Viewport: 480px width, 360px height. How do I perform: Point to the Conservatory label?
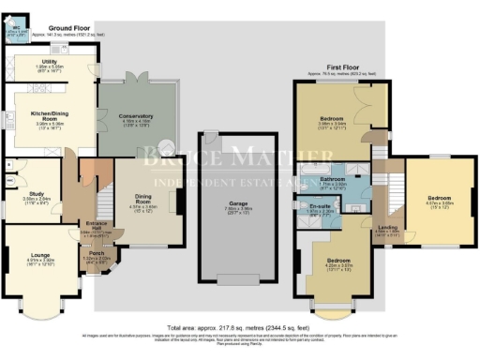(x=137, y=115)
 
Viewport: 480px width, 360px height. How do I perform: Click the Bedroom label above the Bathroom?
(x=332, y=119)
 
